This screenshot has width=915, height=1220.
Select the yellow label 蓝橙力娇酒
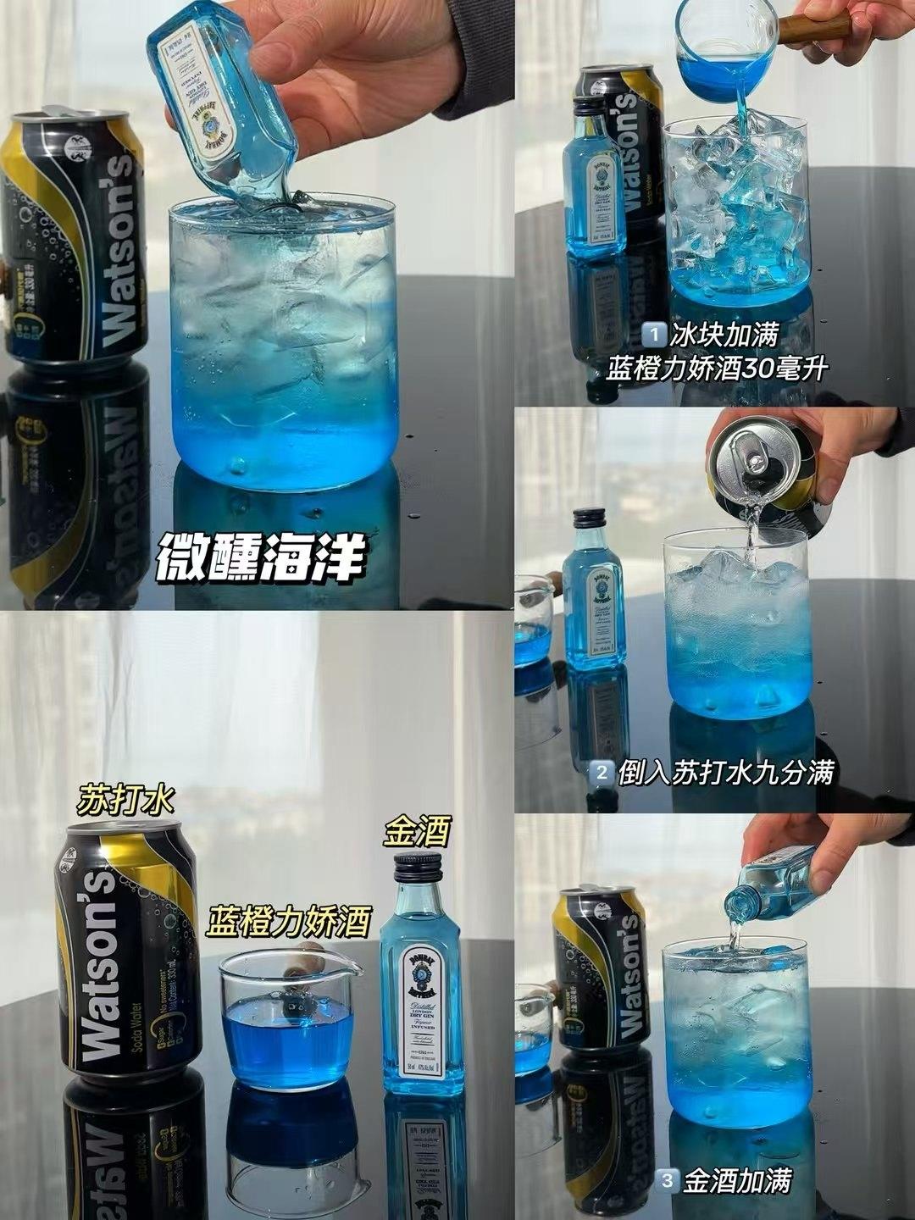[x=288, y=922]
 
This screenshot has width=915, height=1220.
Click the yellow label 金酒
[x=416, y=831]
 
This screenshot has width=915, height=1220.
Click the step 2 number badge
[x=602, y=772]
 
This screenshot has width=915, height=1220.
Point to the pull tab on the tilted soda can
[x=749, y=449]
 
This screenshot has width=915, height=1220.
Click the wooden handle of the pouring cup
[x=814, y=27]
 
